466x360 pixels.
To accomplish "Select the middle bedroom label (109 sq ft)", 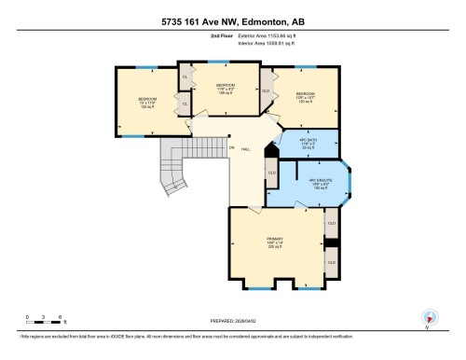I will (x=226, y=88).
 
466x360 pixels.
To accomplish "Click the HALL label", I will (x=245, y=149).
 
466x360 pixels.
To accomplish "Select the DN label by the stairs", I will (x=231, y=147).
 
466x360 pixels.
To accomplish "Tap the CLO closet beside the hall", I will (x=272, y=173).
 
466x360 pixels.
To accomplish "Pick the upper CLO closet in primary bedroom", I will (x=331, y=224).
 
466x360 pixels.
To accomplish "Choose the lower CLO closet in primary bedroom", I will (x=331, y=264).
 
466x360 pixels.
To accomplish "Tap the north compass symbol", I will (x=430, y=317).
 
